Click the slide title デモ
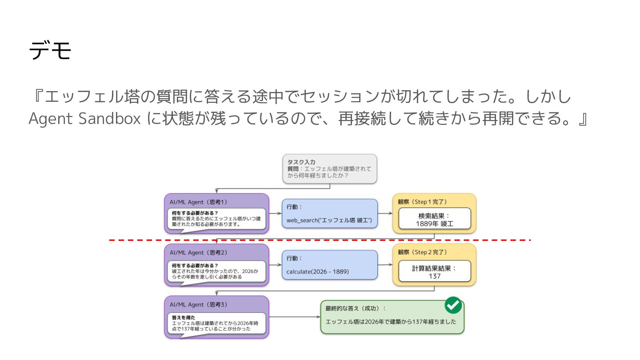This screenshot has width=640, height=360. [50, 51]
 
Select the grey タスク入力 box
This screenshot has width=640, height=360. [329, 169]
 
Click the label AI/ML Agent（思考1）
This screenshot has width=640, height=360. [198, 202]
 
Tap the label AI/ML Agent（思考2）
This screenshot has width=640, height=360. [198, 252]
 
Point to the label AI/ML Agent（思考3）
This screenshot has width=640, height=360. [198, 304]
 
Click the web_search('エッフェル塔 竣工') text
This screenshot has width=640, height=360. [329, 221]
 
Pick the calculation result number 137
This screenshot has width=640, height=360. [434, 276]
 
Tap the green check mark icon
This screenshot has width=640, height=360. [453, 306]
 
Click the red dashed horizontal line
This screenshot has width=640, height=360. [320, 240]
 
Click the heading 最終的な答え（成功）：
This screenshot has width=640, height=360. [356, 308]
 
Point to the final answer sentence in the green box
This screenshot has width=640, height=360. [391, 322]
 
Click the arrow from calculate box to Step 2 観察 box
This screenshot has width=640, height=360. [385, 265]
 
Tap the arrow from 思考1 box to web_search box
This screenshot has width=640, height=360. [275, 213]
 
